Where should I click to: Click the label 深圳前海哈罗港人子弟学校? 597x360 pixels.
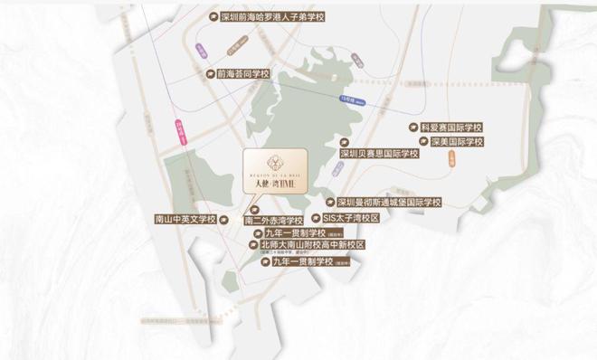tap(272, 17)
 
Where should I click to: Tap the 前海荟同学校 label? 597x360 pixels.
tap(243, 73)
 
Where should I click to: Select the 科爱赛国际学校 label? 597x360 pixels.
tap(452, 128)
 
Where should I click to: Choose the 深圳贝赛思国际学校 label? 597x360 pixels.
tap(379, 154)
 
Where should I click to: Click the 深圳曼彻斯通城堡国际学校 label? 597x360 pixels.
tap(389, 203)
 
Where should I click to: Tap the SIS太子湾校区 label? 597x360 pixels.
tap(350, 218)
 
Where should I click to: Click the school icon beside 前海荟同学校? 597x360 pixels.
tap(209, 73)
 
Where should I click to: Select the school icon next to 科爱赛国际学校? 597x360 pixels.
tap(413, 128)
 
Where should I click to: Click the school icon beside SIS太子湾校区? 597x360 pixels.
tap(315, 218)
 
